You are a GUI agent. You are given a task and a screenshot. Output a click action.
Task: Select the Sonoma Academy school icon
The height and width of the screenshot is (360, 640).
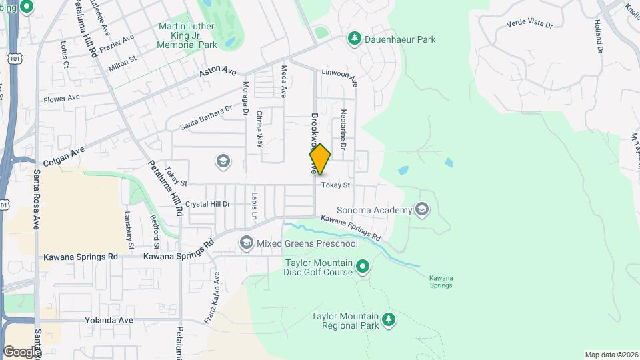[421, 211]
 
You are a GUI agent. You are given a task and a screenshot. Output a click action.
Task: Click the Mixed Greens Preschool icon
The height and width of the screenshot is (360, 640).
[246, 242]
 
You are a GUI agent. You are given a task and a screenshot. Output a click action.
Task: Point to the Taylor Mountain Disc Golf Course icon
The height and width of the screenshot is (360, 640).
[363, 267]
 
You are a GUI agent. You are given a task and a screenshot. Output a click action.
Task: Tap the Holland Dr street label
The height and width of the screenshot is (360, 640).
[598, 37]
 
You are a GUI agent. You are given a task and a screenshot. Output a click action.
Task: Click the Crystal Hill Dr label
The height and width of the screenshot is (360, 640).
[207, 204]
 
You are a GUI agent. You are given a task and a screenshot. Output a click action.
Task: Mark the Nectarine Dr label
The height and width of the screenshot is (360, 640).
[344, 129]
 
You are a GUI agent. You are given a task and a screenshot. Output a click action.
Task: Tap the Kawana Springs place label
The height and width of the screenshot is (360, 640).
[441, 281]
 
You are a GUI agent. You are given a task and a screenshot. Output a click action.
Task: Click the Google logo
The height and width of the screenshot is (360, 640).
[22, 351]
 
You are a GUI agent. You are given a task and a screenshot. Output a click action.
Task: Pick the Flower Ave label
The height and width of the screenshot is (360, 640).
[61, 99]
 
